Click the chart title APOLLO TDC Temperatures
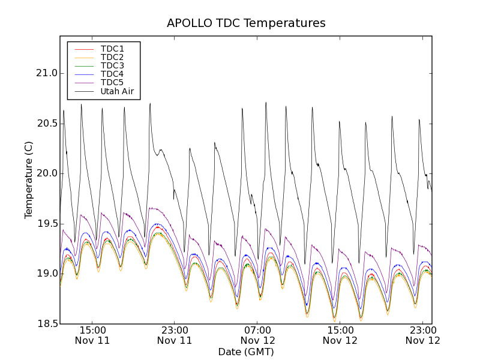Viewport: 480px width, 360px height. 246,23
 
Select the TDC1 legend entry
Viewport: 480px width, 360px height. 112,49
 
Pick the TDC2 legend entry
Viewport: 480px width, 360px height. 112,57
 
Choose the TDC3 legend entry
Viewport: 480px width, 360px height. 112,65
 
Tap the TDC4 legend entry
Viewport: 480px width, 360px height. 112,74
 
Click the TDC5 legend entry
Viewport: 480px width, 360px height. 112,83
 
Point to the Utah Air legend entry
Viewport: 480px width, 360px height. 116,92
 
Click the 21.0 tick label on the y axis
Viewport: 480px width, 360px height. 46,73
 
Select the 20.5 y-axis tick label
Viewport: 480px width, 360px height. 46,124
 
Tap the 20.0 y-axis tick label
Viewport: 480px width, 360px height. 46,173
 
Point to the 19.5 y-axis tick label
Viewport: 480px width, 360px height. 46,224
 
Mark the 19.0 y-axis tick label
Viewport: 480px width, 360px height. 46,274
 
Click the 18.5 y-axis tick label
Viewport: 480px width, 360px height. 46,324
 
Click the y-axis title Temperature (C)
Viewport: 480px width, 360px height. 29,180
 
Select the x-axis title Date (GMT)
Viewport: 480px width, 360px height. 246,352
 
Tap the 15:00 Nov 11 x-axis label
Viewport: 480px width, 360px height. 92,335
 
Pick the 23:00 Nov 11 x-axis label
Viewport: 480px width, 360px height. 175,335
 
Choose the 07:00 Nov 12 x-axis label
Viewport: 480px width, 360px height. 257,335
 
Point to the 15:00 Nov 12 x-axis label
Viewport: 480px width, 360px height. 340,335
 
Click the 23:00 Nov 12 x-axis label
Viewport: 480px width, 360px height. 423,335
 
